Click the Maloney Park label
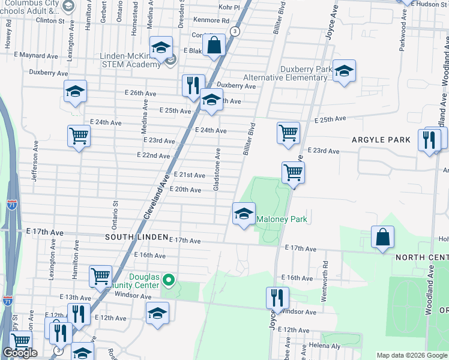[x=282, y=220]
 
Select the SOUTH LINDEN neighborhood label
[x=136, y=237]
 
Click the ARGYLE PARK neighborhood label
[x=382, y=140]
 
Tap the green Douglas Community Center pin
[x=169, y=280]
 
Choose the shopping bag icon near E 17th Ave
[x=383, y=237]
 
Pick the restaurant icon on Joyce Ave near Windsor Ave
[x=277, y=298]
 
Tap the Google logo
[x=20, y=353]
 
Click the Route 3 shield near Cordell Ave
[x=235, y=31]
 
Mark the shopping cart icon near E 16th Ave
[x=100, y=276]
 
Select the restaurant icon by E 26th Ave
[x=193, y=85]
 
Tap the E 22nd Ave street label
[x=155, y=155]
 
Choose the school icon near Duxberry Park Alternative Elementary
[x=344, y=71]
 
